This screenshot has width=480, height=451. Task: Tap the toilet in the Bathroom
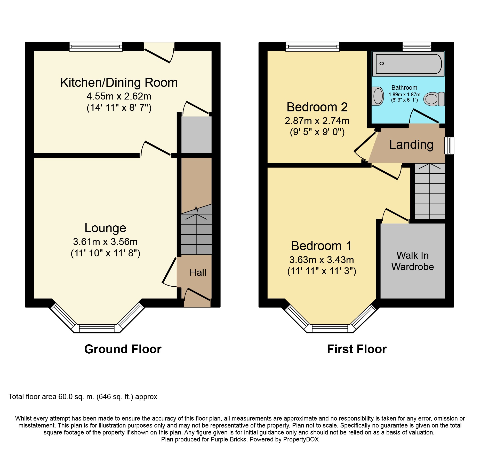(x=434, y=99)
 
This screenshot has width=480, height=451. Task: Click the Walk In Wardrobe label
(x=413, y=261)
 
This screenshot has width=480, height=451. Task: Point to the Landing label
(x=411, y=145)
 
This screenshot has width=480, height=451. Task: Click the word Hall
(x=198, y=272)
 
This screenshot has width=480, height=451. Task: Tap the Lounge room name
(x=105, y=228)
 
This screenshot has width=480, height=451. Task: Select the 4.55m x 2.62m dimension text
(x=119, y=96)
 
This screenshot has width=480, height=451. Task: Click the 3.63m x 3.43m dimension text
(x=322, y=260)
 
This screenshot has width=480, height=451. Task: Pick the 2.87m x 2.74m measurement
(x=317, y=121)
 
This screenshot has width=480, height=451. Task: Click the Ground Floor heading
(x=123, y=349)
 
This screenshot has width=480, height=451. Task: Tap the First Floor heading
(x=357, y=349)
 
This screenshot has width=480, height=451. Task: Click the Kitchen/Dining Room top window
(x=96, y=47)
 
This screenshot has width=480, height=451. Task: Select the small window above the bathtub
(x=417, y=47)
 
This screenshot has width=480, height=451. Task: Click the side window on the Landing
(x=449, y=146)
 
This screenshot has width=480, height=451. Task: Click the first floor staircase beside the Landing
(x=430, y=191)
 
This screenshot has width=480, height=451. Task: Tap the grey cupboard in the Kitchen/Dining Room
(x=196, y=135)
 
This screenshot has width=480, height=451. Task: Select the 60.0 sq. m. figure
(x=76, y=397)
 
